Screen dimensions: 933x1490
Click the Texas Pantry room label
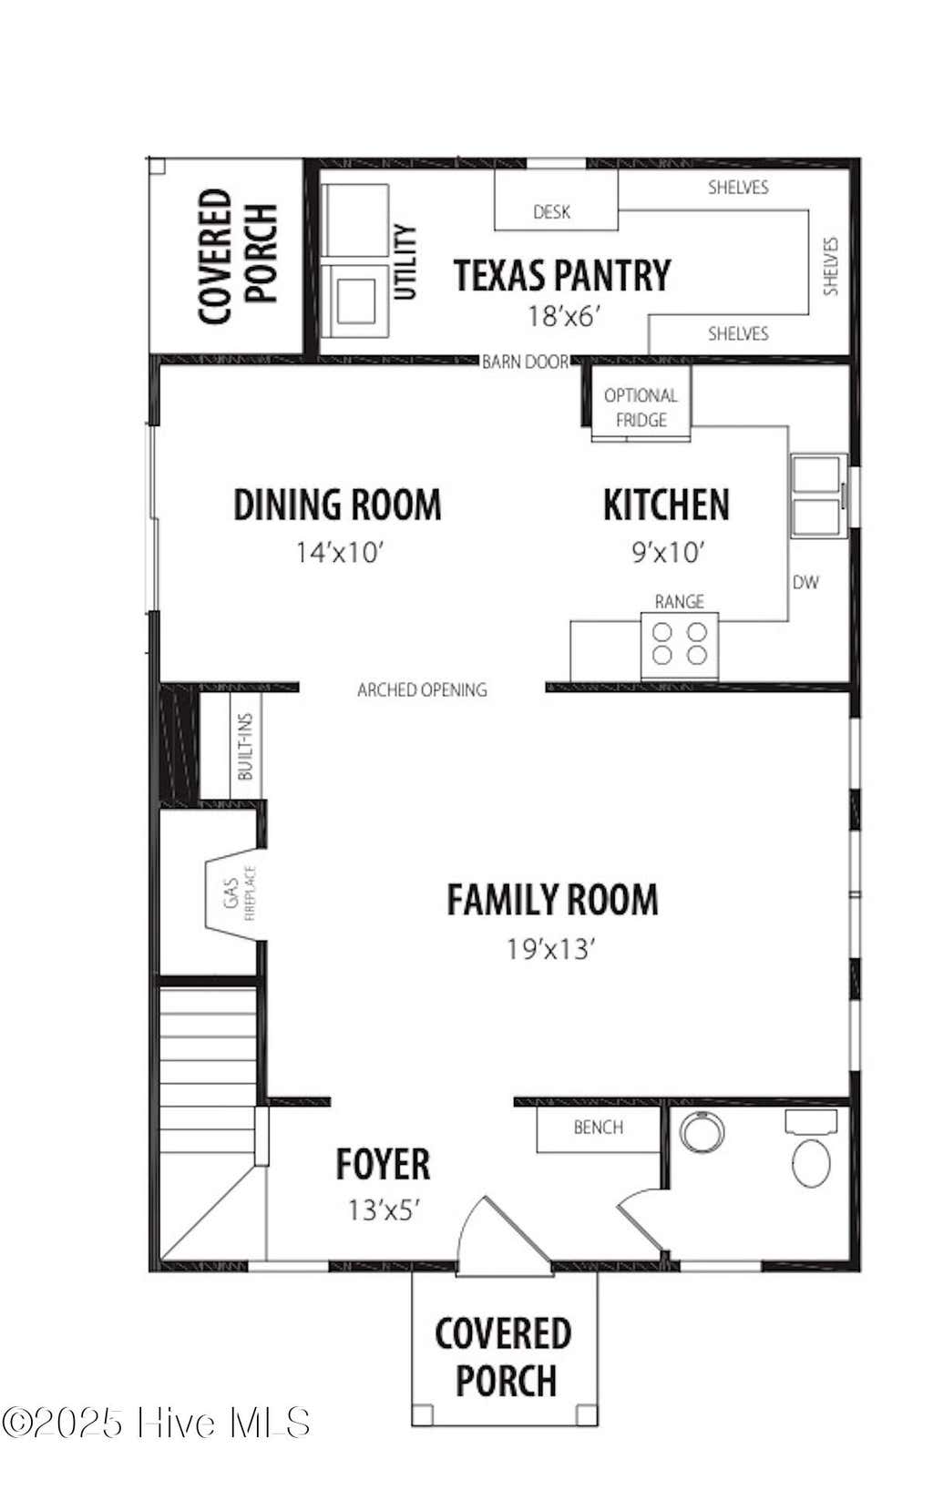click(561, 275)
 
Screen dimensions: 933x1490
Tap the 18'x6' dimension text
click(565, 316)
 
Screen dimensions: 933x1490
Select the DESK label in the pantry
click(551, 212)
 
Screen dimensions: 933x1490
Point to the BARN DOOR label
click(526, 362)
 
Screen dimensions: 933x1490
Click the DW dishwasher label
click(805, 583)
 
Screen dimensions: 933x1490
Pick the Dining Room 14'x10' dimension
click(340, 552)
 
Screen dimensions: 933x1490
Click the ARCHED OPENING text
click(422, 689)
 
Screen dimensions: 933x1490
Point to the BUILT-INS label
click(245, 746)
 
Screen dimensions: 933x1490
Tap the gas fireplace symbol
click(236, 893)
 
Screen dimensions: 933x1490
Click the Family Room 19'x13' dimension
click(549, 949)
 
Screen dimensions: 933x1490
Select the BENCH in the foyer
click(599, 1127)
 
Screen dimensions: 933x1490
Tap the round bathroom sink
click(702, 1131)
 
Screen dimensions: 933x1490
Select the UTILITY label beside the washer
click(405, 262)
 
